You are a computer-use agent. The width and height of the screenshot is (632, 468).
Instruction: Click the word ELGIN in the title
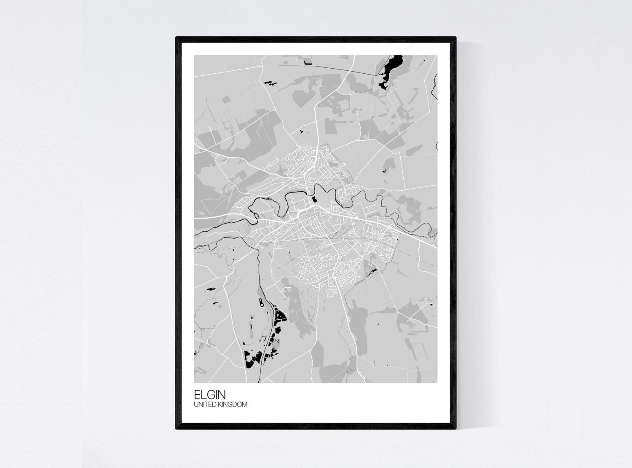click(x=210, y=395)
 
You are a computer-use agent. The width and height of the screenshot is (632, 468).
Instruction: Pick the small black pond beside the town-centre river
click(x=314, y=198)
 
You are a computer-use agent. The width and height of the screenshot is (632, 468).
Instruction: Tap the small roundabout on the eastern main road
click(x=391, y=227)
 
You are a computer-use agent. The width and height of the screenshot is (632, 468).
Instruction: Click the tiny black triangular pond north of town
click(x=302, y=132)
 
